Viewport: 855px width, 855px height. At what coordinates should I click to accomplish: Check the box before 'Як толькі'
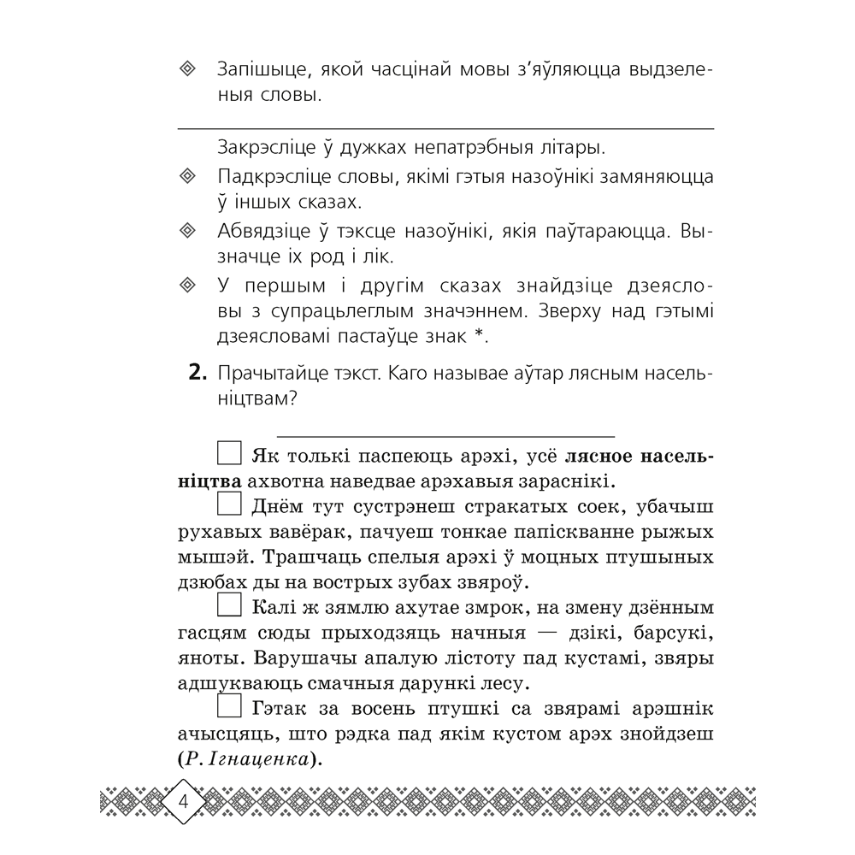coord(230,455)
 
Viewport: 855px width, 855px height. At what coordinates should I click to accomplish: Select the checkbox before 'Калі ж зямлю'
coord(230,607)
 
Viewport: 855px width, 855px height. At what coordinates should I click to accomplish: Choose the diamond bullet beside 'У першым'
coord(189,285)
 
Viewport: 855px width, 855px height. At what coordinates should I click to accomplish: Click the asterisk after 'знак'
coord(481,338)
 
